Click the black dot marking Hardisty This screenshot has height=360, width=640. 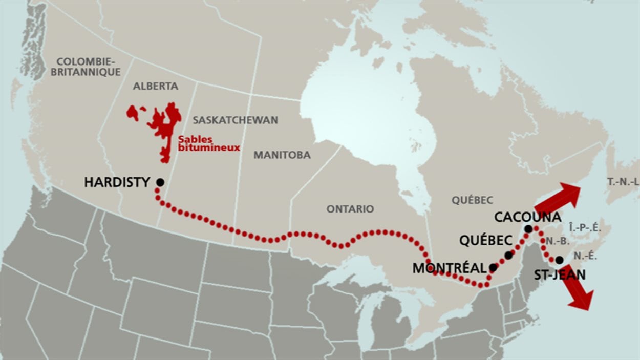[x=160, y=182]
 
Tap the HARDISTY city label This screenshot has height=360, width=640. [x=117, y=182]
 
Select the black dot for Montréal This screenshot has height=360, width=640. [x=493, y=267]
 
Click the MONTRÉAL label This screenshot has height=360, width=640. [x=449, y=268]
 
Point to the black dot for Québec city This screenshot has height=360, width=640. [x=508, y=255]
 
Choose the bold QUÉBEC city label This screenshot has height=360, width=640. [x=485, y=240]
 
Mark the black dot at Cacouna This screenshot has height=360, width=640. [x=528, y=229]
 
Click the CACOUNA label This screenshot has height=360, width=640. [x=527, y=217]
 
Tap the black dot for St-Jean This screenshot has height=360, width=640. [x=559, y=260]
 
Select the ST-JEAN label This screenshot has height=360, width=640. [x=560, y=275]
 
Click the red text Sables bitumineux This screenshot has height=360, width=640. [x=209, y=143]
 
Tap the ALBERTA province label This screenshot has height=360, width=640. [x=156, y=86]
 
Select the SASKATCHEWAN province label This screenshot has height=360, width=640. [x=235, y=120]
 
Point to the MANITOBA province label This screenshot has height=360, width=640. [x=282, y=155]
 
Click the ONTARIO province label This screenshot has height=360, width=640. [x=350, y=209]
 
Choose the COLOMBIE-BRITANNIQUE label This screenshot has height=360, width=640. [x=89, y=67]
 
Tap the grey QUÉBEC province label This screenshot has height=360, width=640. [x=472, y=200]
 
